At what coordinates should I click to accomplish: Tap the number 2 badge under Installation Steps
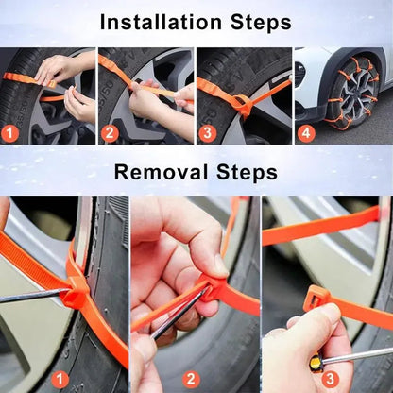[110, 133]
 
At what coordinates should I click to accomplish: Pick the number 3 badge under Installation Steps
[207, 133]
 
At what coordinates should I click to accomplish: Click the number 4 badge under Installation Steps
[305, 133]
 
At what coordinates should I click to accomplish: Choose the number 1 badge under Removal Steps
[61, 379]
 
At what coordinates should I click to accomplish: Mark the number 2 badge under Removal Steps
[192, 379]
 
